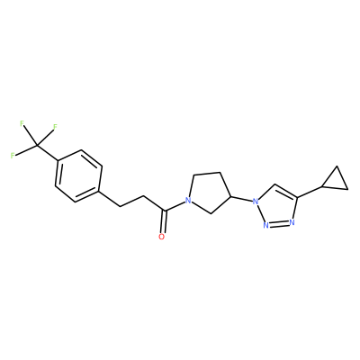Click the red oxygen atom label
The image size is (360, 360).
tap(162, 237)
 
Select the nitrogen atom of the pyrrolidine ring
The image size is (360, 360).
tap(188, 200)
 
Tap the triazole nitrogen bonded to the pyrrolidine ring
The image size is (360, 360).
tap(256, 202)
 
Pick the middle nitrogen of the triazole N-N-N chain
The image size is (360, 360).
tap(265, 226)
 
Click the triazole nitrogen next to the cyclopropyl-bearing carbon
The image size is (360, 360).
tap(292, 222)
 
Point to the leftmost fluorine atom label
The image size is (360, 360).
tap(13, 156)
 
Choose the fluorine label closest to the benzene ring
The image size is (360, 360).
tap(55, 127)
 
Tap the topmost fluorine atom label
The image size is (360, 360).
tap(22, 123)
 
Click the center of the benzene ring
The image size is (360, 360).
tap(78, 176)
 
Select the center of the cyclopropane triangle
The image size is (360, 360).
tap(336, 182)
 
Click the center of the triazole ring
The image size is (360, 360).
tap(277, 208)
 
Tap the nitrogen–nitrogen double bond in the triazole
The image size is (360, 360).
tap(279, 224)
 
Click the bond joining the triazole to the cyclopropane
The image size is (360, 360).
tap(310, 192)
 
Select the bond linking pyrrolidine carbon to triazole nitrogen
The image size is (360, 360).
tap(241, 199)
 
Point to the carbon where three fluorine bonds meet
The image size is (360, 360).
tap(37, 146)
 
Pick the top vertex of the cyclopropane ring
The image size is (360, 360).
tap(337, 166)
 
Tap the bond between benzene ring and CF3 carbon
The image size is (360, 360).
tap(48, 153)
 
